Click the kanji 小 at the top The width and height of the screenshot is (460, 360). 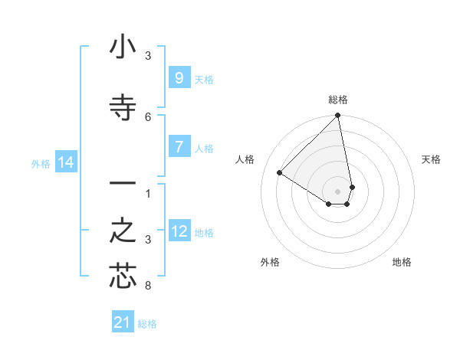point(123,48)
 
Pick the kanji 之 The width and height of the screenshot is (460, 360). point(123,231)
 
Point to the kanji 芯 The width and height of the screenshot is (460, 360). point(123,277)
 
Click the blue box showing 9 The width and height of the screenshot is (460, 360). point(179,77)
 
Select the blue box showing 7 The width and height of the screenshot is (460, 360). point(179,147)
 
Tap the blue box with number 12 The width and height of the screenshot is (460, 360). point(179,231)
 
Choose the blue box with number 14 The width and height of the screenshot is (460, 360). point(66,162)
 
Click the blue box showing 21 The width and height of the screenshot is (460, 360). point(123,322)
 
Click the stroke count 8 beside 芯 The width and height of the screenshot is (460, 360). point(148,286)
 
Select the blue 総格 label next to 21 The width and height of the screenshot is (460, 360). point(147,324)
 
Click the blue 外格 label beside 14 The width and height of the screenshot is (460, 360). point(41,163)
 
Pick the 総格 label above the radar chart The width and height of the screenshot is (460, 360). point(338,100)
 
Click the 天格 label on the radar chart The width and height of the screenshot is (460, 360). point(431,159)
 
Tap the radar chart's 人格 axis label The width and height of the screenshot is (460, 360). point(245,159)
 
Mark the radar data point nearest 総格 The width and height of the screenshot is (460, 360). point(338,116)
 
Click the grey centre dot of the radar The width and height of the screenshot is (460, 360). point(338,191)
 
